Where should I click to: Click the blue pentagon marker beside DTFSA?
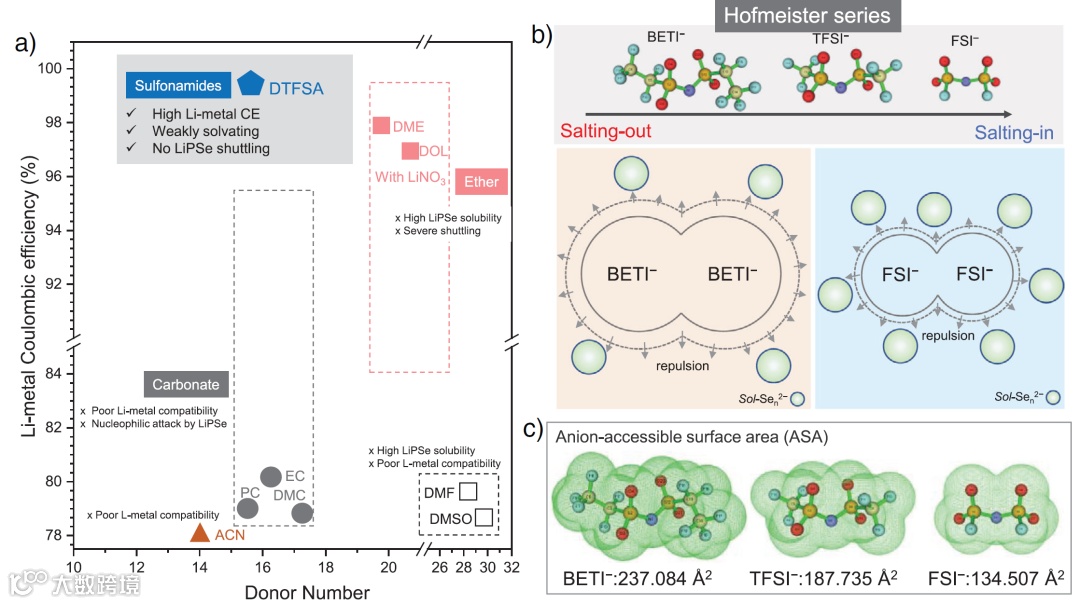click(x=250, y=84)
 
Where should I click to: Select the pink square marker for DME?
click(x=380, y=125)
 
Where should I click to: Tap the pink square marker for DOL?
click(x=409, y=151)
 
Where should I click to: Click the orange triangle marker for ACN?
click(x=200, y=533)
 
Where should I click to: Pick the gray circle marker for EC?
click(x=270, y=477)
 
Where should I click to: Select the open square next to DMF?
click(x=468, y=491)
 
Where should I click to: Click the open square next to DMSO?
click(x=483, y=517)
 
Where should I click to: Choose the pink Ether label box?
click(x=482, y=182)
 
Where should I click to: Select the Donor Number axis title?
click(x=307, y=592)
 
